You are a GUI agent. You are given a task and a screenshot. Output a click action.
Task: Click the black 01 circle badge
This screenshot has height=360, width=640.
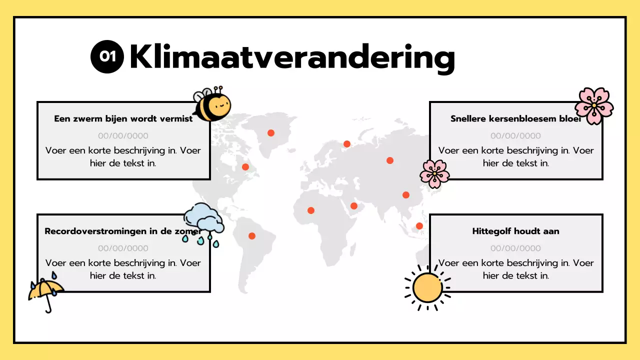click(x=107, y=56)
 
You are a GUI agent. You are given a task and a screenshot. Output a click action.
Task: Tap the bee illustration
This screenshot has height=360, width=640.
click(x=212, y=105)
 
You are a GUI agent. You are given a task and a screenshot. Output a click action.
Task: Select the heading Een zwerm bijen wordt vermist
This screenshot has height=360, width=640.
click(x=123, y=119)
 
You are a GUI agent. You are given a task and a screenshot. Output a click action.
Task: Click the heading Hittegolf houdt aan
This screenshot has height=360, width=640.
click(x=515, y=231)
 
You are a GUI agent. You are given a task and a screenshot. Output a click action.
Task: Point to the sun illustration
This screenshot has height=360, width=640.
click(x=427, y=287)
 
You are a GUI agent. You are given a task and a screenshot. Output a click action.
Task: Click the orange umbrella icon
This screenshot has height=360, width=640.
click(x=46, y=291)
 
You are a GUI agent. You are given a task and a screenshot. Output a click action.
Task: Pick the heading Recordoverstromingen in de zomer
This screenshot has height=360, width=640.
click(x=122, y=231)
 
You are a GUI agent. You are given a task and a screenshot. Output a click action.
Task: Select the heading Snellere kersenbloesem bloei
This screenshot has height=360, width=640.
click(x=515, y=119)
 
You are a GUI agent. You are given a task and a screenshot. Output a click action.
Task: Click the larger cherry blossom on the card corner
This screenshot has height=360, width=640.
click(x=594, y=105)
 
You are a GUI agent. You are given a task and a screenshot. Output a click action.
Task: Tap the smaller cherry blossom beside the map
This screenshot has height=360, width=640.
click(x=434, y=173)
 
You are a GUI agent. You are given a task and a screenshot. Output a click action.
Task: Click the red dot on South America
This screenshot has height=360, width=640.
click(x=252, y=236)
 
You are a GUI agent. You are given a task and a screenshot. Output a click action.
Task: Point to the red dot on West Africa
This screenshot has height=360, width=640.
click(x=311, y=210)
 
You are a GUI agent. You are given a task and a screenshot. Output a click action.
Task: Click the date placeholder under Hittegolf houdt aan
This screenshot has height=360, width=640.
click(x=515, y=248)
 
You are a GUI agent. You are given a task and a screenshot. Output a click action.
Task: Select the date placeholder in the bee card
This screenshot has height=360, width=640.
click(x=123, y=135)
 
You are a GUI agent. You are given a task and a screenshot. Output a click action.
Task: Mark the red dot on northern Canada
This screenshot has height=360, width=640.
click(x=271, y=133)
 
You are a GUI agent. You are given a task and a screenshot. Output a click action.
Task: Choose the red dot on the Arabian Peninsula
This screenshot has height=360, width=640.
click(x=354, y=206)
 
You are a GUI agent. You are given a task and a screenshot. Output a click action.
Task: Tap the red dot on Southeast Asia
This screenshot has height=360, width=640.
click(x=419, y=226)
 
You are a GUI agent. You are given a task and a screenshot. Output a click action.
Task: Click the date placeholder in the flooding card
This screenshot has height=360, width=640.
click(x=123, y=248)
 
